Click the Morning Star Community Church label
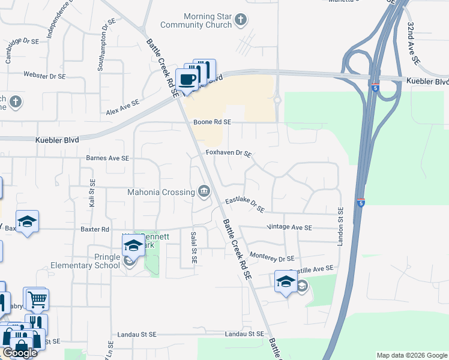pos(196,20)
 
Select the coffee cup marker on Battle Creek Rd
pos(188,79)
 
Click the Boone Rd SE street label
pos(212,122)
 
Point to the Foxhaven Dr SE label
pos(228,154)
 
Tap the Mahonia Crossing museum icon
pos(204,192)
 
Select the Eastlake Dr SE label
pos(245,205)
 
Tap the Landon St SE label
pos(340,226)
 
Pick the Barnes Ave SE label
pos(108,158)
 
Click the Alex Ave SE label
pos(122,107)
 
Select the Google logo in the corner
pos(19,353)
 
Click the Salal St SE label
pos(193,243)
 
